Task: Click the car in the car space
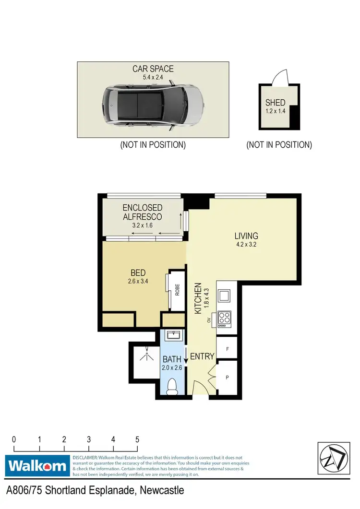tap(153, 106)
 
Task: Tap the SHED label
tap(276, 102)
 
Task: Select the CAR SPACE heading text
tap(153, 69)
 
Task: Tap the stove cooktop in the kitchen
tap(225, 318)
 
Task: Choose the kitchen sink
tap(224, 296)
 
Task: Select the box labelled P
tap(227, 378)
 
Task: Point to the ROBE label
tap(177, 291)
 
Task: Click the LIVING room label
tap(246, 236)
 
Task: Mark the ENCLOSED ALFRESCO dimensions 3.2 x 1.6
tap(143, 225)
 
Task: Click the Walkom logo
tap(37, 465)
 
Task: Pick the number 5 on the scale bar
tap(137, 439)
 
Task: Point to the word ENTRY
tap(202, 356)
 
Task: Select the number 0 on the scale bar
tap(14, 439)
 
